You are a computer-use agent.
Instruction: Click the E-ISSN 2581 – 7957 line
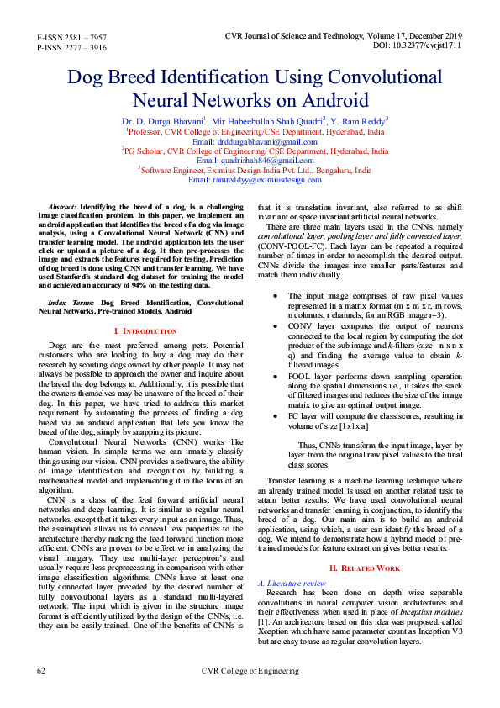click(71, 39)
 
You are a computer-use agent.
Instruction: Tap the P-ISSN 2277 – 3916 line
click(71, 49)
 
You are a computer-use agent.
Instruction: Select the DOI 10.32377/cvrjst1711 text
click(418, 46)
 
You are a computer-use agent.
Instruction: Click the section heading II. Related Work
click(365, 568)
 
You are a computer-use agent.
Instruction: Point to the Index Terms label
click(71, 301)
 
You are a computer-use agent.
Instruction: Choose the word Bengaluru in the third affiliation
click(334, 170)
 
